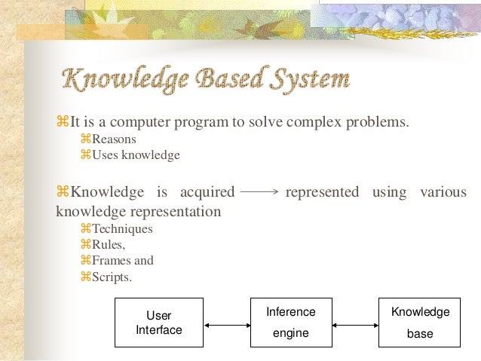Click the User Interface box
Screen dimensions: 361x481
click(x=159, y=322)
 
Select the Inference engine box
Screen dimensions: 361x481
click(x=291, y=322)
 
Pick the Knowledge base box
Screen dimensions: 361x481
click(x=420, y=322)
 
